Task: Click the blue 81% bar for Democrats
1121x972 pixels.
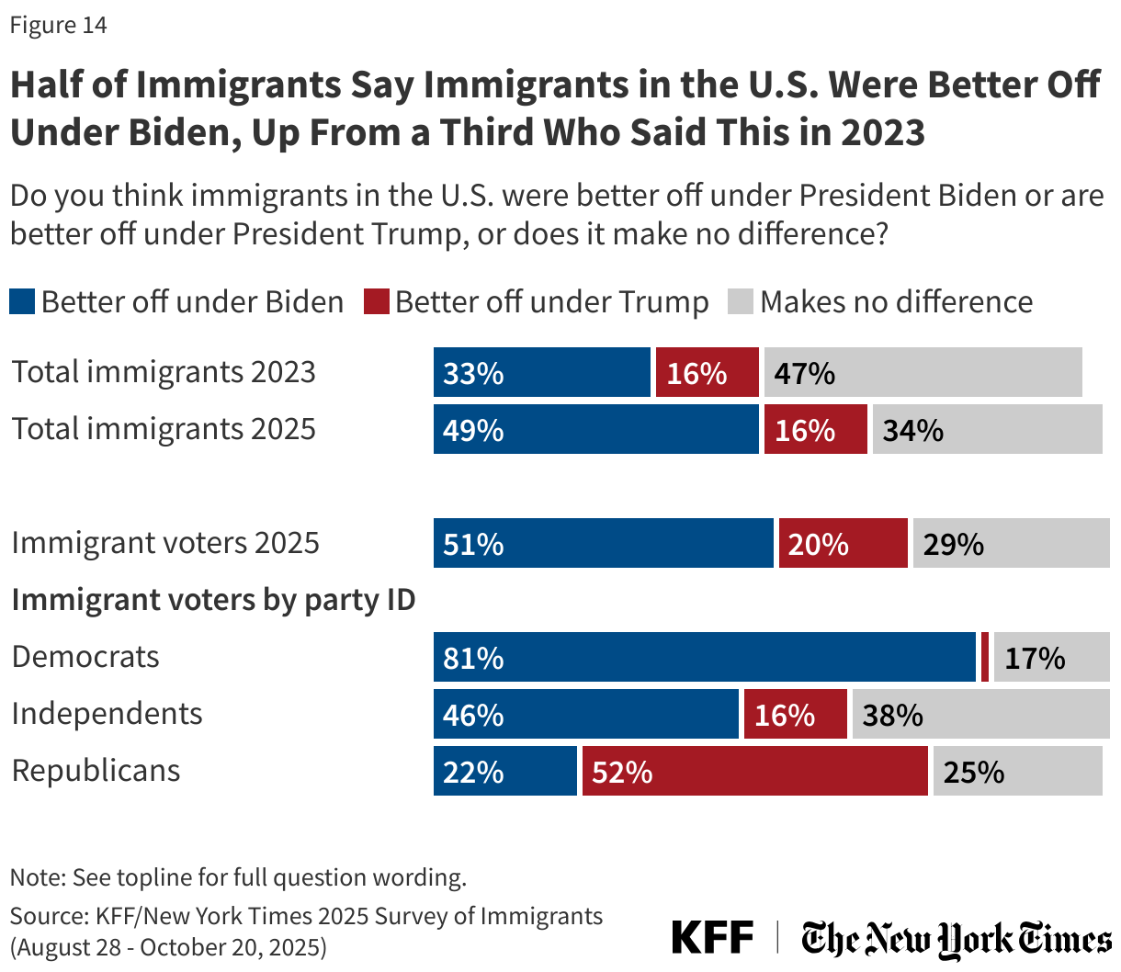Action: (704, 657)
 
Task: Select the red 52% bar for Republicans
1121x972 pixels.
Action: (754, 771)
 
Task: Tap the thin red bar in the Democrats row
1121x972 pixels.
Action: (985, 657)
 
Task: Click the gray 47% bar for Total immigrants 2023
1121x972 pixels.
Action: (923, 372)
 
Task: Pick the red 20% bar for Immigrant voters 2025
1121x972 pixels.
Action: (843, 543)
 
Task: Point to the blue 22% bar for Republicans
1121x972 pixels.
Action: (504, 771)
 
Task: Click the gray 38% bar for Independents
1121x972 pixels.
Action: (980, 714)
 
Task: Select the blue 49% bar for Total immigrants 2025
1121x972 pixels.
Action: (595, 429)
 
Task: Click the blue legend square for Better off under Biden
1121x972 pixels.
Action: (22, 301)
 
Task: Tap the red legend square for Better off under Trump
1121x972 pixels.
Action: (377, 301)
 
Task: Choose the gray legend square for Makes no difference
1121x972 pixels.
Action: (741, 301)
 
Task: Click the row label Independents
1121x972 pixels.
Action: (107, 714)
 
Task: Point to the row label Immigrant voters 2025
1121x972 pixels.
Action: (165, 543)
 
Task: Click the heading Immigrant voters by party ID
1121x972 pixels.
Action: (213, 600)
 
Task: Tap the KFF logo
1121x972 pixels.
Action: (712, 938)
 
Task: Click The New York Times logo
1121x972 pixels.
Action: (956, 939)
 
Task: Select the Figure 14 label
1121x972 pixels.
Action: (59, 25)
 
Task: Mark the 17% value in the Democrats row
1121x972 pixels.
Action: (1035, 659)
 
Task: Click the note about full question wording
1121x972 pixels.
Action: (238, 877)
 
